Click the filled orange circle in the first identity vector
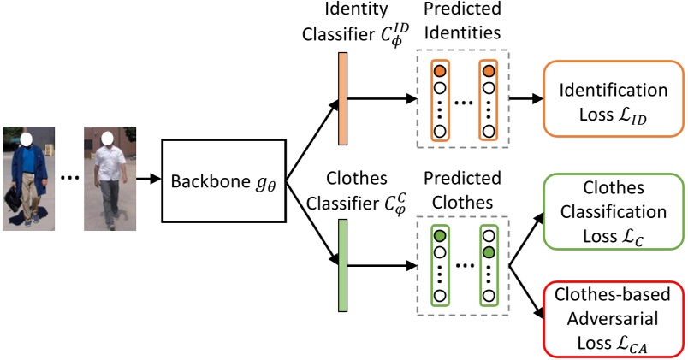[440, 71]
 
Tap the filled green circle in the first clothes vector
[440, 236]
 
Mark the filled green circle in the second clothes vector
[488, 252]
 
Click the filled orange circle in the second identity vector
[488, 71]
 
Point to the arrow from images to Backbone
[151, 179]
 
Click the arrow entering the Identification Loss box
[525, 99]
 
